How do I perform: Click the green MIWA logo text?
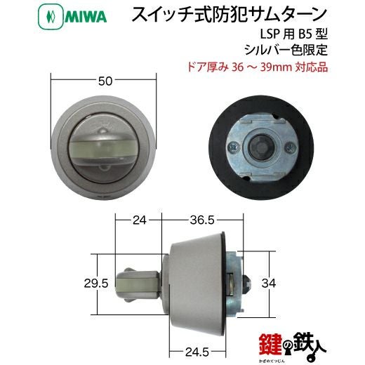[x=86, y=16]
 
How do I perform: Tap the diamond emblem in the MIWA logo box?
[x=51, y=17]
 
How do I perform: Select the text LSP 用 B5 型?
[x=294, y=34]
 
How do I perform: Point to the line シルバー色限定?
[x=286, y=49]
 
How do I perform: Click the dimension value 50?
[x=105, y=81]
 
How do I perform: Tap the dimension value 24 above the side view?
[x=140, y=220]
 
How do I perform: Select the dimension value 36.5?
[x=202, y=220]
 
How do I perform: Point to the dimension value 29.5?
[x=96, y=284]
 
